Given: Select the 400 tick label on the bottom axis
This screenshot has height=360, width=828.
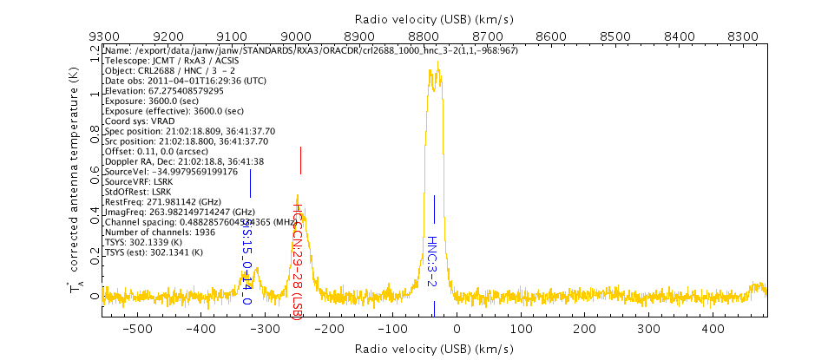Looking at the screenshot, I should click(713, 330).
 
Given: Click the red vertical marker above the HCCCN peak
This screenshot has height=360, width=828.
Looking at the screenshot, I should click(300, 160).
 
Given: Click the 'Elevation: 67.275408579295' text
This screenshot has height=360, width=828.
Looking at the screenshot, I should click(163, 90).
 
